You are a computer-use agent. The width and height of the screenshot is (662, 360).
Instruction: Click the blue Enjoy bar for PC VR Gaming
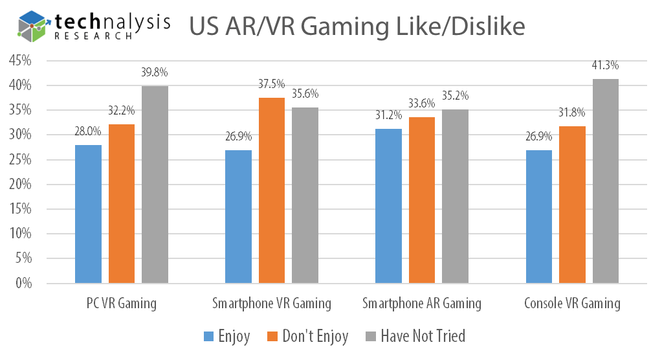[88, 214]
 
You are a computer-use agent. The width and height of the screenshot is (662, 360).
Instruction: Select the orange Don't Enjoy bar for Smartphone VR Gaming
[271, 190]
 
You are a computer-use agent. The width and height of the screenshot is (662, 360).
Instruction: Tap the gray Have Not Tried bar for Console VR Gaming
[605, 181]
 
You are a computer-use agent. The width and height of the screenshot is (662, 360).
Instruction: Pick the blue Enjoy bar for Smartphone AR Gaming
[389, 206]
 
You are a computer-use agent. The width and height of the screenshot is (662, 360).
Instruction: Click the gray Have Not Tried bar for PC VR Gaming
[155, 185]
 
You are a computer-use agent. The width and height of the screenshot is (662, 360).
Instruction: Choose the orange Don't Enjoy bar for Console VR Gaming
[572, 205]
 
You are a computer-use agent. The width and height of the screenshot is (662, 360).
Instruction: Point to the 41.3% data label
[605, 65]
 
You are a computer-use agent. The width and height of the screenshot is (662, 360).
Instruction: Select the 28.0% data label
[88, 131]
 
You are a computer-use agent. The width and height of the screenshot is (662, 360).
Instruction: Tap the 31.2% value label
[389, 115]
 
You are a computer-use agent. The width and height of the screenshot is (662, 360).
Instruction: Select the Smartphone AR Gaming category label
[422, 303]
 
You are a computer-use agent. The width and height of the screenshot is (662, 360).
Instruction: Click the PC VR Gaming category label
[122, 303]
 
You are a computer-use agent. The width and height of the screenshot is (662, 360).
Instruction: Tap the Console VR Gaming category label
[572, 303]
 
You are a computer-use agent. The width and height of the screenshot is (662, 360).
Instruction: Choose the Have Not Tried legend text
[423, 336]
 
